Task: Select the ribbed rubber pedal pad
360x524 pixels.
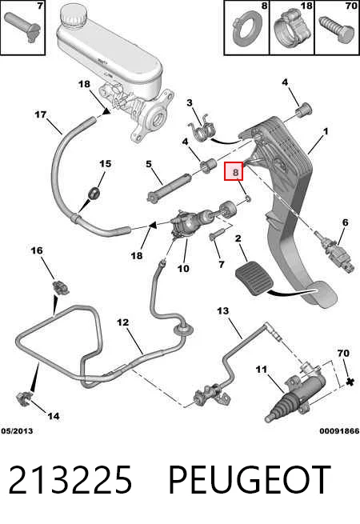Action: pos(254,278)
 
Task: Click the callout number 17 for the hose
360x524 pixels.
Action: pos(41,114)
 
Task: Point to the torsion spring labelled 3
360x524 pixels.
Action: pos(202,129)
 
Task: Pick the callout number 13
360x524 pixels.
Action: pos(223,310)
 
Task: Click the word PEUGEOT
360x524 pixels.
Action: pos(250,479)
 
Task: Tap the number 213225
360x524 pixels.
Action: pos(70,479)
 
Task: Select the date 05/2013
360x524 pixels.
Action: pos(17,430)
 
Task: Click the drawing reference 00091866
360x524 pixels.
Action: pos(339,430)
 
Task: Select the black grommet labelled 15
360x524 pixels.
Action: pos(93,194)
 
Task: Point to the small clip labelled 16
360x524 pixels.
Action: pos(61,288)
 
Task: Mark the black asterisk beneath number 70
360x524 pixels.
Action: pos(350,381)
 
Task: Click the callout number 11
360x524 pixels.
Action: pos(262,370)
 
